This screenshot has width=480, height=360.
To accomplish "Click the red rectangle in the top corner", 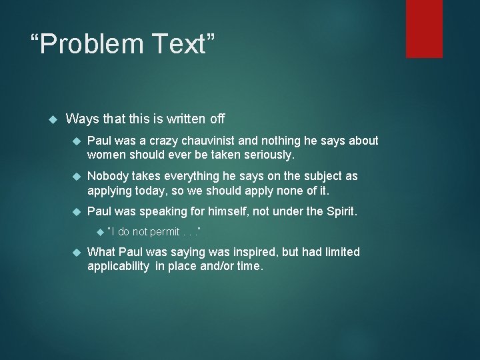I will [x=424, y=28].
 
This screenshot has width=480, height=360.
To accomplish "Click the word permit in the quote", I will [x=165, y=232].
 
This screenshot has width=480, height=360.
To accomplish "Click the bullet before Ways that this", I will [x=55, y=119].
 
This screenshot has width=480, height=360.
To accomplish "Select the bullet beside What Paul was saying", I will [x=76, y=252].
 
